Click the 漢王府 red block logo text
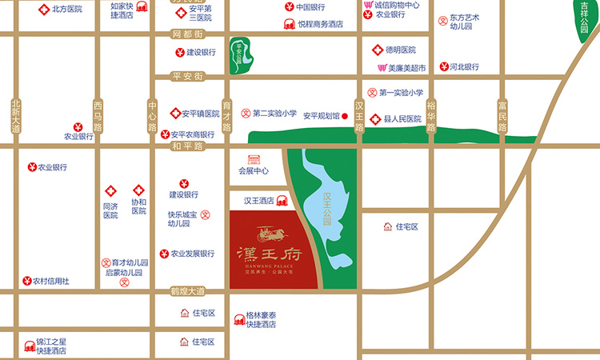coord(269,254)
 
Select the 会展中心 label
coord(254,170)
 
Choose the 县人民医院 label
coord(402,118)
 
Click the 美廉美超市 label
coord(407,68)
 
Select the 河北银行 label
coord(463,67)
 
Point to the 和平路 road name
coord(188,146)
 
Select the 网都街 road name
coord(188,34)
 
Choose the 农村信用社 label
coord(50,281)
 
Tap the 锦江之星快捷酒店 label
coord(51,346)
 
